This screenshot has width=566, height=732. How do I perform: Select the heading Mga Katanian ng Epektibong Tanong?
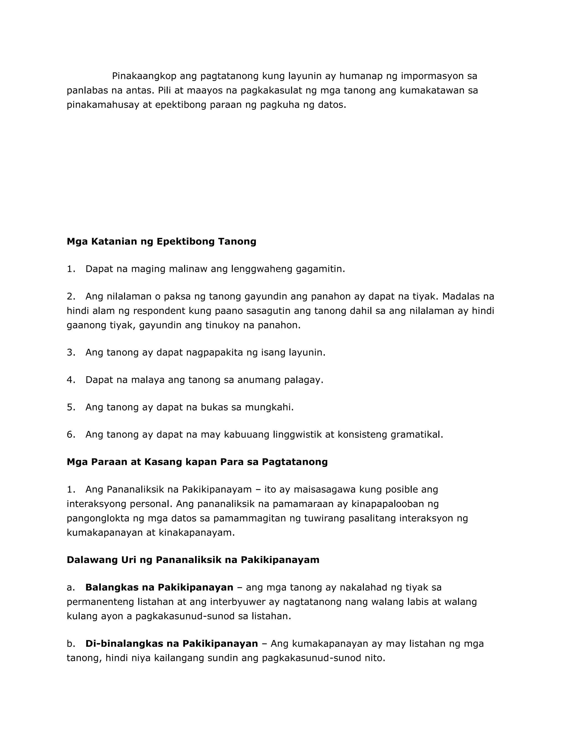pyautogui.click(x=161, y=241)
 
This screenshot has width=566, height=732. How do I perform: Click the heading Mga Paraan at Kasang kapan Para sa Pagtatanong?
pyautogui.click(x=197, y=462)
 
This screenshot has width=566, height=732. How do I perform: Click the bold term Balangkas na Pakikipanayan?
pyautogui.click(x=159, y=588)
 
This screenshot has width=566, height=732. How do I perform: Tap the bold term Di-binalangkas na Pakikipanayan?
pyautogui.click(x=171, y=644)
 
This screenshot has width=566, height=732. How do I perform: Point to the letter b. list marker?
pyautogui.click(x=71, y=644)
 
